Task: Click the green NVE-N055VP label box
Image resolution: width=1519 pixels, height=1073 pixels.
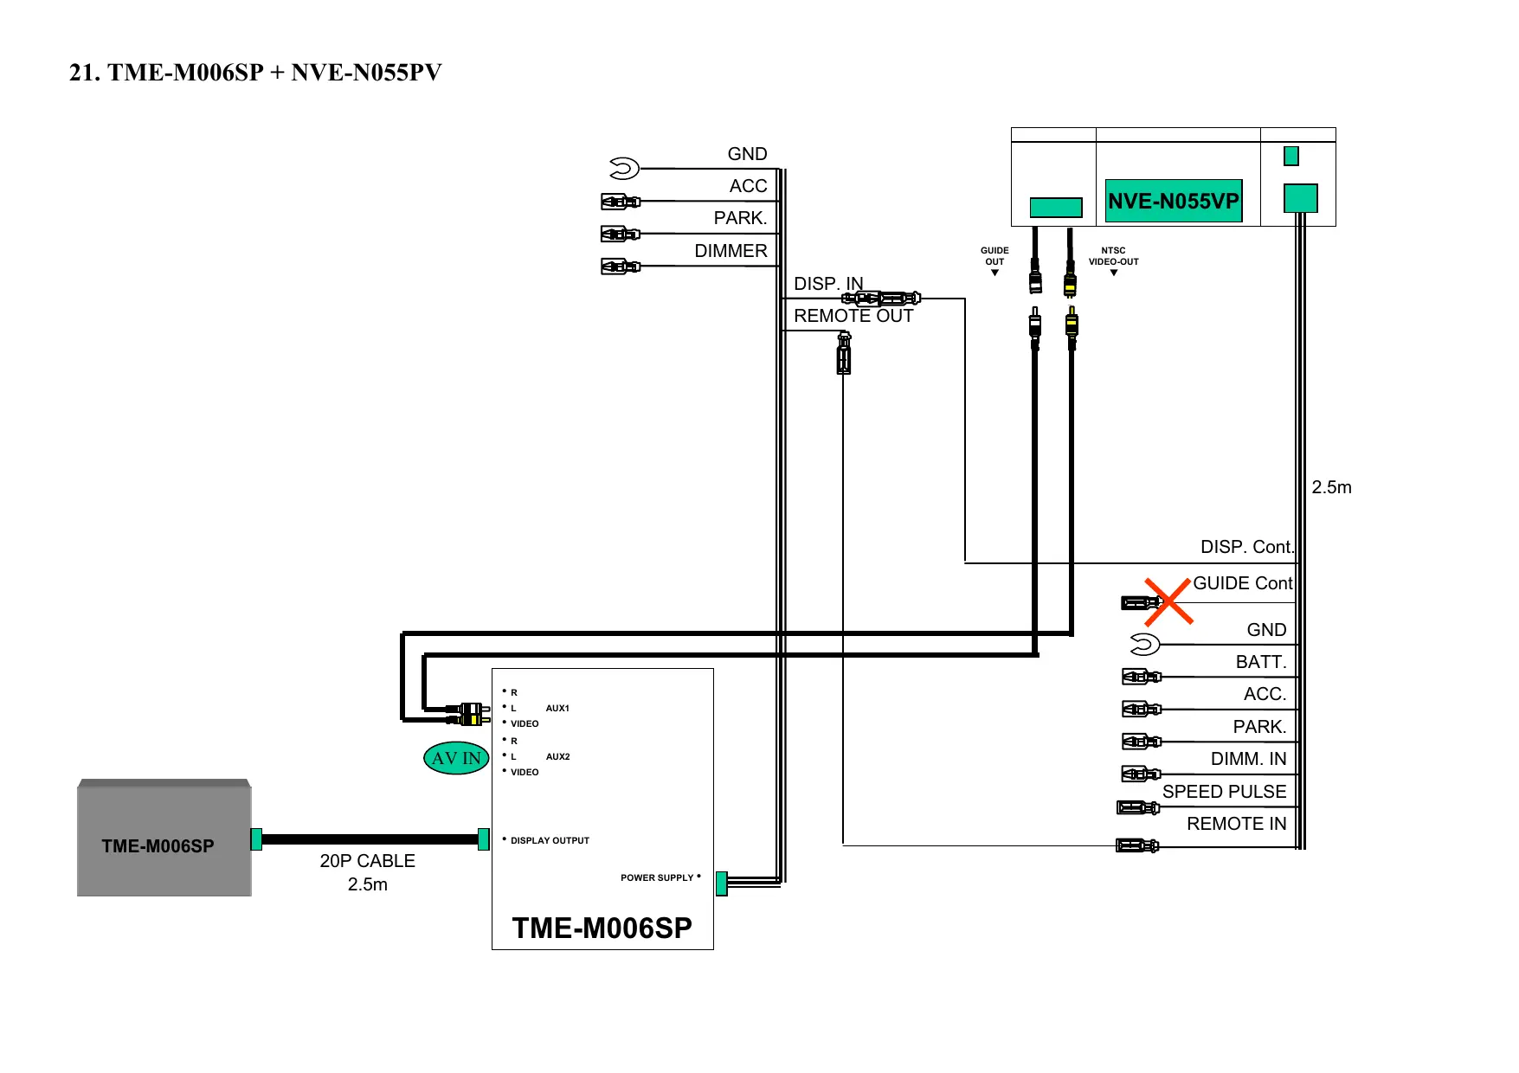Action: pos(1173,201)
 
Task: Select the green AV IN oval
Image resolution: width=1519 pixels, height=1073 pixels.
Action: pos(456,758)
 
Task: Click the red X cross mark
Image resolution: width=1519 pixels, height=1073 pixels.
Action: pos(1168,601)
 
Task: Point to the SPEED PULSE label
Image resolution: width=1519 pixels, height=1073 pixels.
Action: pos(1223,792)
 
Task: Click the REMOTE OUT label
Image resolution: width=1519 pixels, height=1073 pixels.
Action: pos(853,316)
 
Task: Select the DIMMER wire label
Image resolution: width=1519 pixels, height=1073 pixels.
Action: pos(731,251)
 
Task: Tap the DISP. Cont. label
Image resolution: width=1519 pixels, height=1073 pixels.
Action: pos(1246,547)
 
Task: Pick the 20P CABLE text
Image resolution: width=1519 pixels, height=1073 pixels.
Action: pos(367,861)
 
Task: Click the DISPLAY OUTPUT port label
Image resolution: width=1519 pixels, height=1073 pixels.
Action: pos(550,840)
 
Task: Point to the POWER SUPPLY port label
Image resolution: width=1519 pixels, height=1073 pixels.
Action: pos(657,877)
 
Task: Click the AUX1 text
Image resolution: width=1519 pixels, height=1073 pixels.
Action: pos(557,708)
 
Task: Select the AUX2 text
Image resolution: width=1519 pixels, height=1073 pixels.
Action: pos(557,756)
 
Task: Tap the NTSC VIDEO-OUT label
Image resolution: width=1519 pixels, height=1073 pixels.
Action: pos(1113,256)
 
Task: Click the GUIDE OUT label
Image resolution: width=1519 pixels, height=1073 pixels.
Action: pos(994,256)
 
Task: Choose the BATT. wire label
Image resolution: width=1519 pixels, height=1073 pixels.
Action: pos(1260,662)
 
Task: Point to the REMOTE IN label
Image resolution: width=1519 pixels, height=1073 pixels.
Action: pos(1236,824)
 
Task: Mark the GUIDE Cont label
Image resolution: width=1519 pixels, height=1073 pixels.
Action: pos(1242,583)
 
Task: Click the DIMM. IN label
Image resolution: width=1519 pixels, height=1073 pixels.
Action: pos(1248,759)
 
